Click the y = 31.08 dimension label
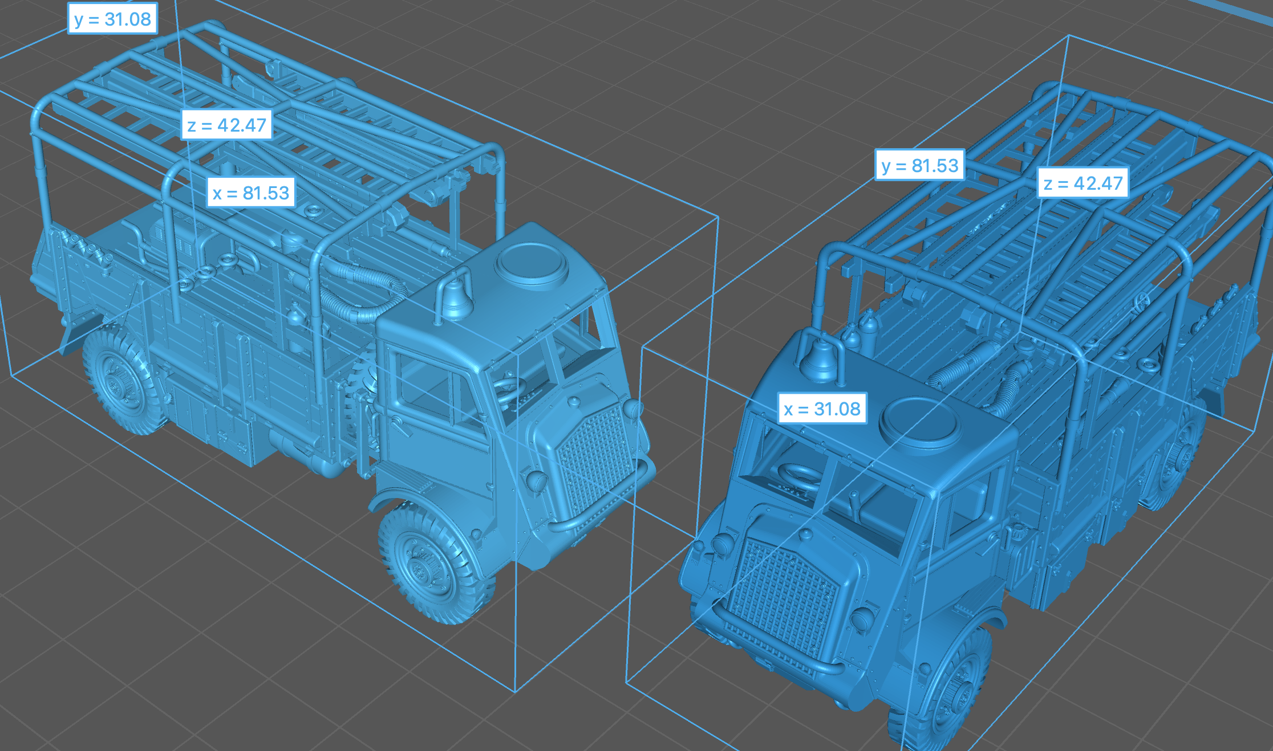(x=112, y=19)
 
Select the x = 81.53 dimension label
(x=251, y=193)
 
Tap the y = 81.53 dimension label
(x=919, y=165)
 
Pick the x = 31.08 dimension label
(x=822, y=409)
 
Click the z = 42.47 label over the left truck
(x=226, y=125)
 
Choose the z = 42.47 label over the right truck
(x=1083, y=183)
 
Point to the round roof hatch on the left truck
(x=532, y=263)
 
